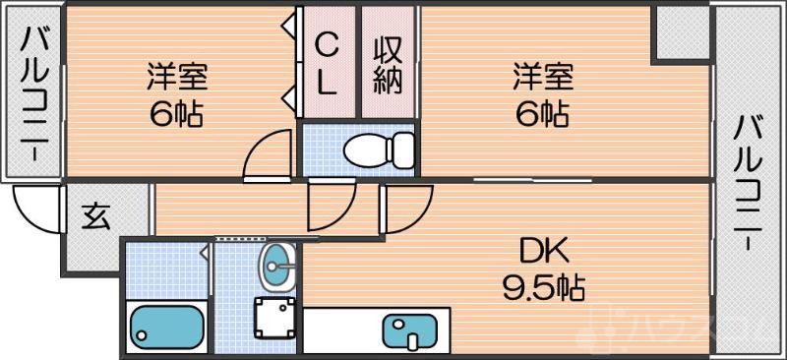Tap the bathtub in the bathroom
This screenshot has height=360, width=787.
[x=163, y=326]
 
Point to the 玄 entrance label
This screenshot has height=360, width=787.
[x=96, y=215]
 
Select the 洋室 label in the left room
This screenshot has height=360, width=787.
[x=177, y=76]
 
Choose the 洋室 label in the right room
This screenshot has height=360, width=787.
[x=541, y=76]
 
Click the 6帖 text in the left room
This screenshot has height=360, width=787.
[x=177, y=114]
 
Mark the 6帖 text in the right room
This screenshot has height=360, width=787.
[x=541, y=114]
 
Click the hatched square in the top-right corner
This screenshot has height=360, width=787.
[x=681, y=34]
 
